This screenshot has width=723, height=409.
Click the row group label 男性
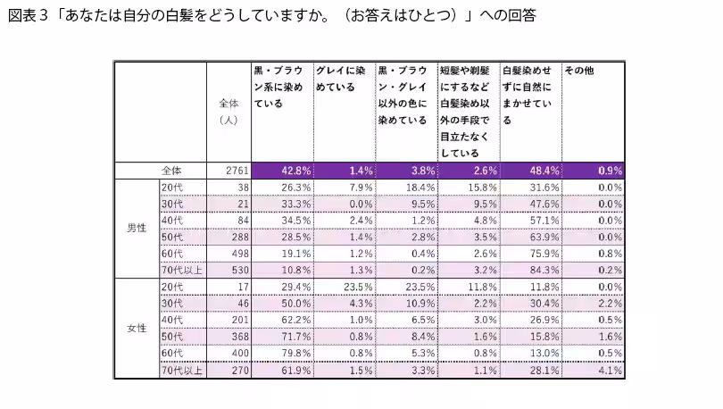click(x=137, y=228)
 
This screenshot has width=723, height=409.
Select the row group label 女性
click(x=137, y=327)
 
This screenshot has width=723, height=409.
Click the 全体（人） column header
click(x=229, y=112)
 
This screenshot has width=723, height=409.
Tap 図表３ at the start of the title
click(x=25, y=16)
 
